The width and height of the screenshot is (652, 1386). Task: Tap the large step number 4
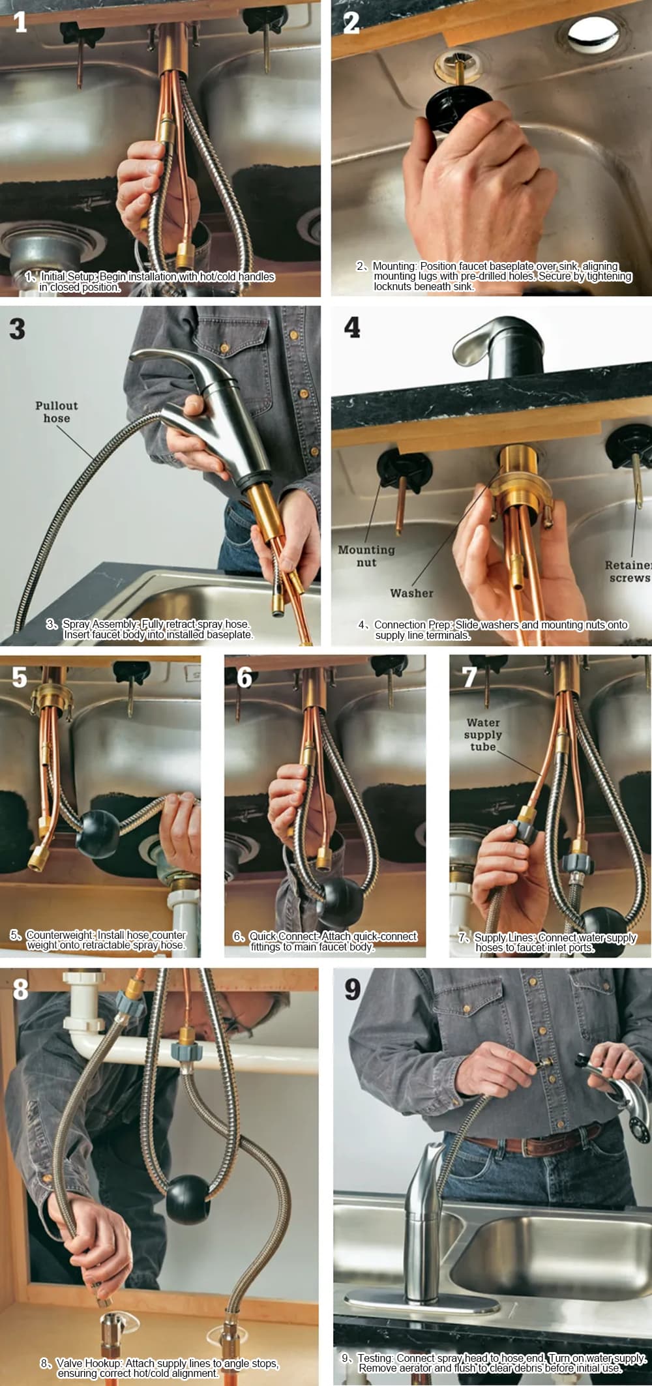click(x=352, y=327)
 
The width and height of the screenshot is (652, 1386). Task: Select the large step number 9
click(x=352, y=989)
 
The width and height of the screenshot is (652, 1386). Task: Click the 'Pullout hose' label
click(x=57, y=411)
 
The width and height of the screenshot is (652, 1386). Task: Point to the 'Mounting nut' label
click(x=366, y=555)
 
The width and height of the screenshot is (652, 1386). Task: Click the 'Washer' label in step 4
click(x=411, y=593)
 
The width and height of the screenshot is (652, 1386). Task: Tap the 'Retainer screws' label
click(x=628, y=571)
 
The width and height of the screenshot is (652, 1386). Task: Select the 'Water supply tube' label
click(x=483, y=734)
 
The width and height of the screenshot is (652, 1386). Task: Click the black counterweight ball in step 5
click(x=98, y=834)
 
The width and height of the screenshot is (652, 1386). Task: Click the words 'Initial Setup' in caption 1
click(x=68, y=276)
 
